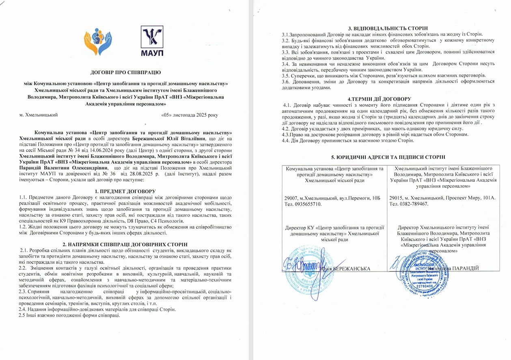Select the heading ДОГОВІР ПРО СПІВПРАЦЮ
(x=126, y=72)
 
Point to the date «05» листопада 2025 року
(x=190, y=115)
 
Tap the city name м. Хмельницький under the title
(x=39, y=115)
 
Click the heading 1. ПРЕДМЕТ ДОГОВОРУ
(x=125, y=191)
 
